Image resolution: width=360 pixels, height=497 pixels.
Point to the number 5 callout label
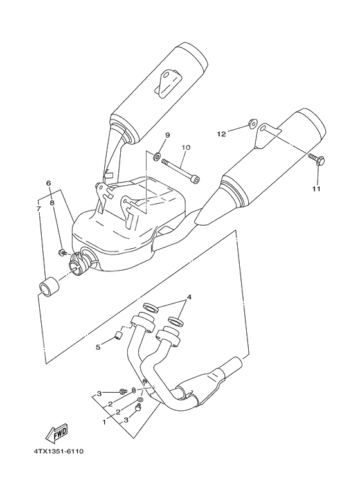98,347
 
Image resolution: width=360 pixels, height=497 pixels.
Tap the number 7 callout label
39,208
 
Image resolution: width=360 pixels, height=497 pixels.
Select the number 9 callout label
167,135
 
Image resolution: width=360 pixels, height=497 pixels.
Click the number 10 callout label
185,147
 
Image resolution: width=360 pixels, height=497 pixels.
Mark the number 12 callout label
222,134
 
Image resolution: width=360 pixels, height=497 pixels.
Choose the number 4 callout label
188,298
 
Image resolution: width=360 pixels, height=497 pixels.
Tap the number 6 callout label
48,183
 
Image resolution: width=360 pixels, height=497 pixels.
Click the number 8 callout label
53,202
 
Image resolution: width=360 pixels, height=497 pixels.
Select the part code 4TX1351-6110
56,451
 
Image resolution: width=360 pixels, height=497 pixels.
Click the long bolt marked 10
180,170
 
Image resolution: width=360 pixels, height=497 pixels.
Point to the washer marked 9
157,156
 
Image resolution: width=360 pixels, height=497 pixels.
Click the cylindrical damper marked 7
49,287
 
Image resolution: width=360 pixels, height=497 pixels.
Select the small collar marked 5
118,336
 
